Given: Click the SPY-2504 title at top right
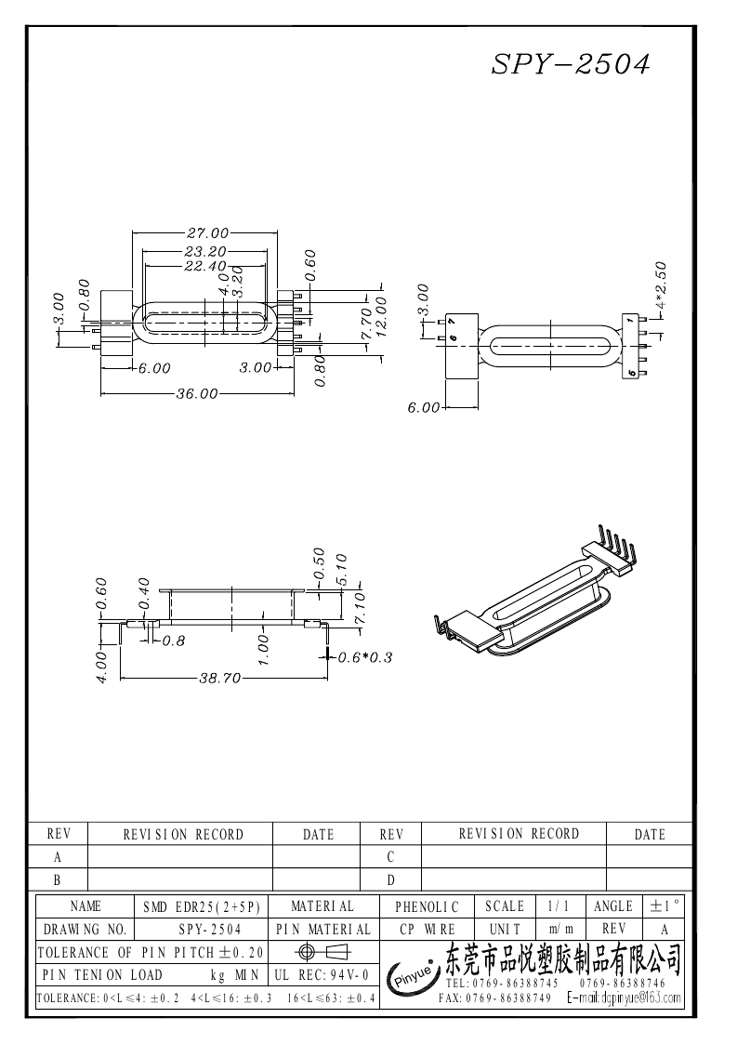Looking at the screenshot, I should [x=570, y=63].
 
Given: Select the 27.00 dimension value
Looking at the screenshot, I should [x=208, y=232].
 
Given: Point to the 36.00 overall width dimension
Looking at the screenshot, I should [x=196, y=393].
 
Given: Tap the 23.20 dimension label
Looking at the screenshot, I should [x=204, y=252].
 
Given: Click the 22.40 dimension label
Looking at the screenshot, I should [x=204, y=266].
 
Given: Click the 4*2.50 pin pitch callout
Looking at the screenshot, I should [x=662, y=284].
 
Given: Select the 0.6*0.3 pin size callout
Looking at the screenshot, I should [x=365, y=657].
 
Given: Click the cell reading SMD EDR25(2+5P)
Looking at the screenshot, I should [x=201, y=905].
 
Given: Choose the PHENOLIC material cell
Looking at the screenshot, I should [x=428, y=905].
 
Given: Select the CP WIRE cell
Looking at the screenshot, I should [x=428, y=929].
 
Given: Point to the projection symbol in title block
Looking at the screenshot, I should [x=323, y=952].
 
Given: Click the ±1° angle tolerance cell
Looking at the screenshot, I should [x=665, y=905].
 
